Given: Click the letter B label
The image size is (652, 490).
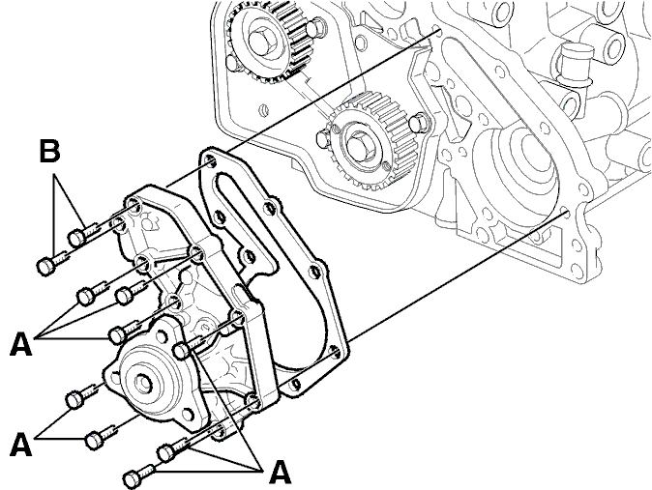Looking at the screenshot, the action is [x=49, y=151].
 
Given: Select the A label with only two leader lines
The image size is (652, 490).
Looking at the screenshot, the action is [x=20, y=445].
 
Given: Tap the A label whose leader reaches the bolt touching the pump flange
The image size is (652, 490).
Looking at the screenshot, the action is [x=280, y=473].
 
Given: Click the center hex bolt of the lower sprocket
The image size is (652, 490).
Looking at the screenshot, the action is [x=356, y=146].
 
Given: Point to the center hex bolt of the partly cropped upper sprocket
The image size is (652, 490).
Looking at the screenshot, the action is [x=260, y=39].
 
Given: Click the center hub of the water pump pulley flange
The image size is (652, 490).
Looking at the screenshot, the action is [x=142, y=382].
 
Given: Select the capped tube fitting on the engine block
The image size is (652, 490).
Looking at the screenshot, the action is [x=575, y=63].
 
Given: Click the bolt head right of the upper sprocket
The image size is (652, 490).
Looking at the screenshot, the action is [x=314, y=27].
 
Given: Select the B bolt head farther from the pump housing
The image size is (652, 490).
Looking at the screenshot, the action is [x=46, y=266].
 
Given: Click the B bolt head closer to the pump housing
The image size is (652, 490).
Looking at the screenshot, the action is [x=76, y=237].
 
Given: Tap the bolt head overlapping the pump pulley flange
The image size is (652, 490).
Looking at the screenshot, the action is [x=182, y=351].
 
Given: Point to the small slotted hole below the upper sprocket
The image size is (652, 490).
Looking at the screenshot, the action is [x=262, y=110].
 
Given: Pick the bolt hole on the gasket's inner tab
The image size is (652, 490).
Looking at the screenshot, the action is [x=249, y=255].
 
